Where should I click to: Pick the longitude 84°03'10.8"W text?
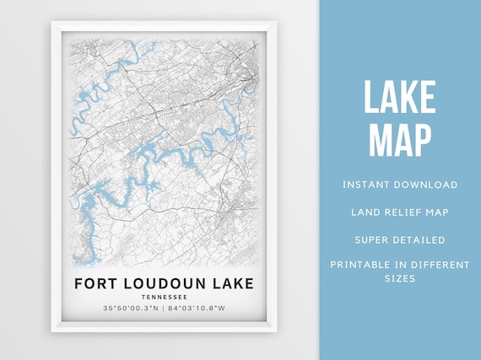(x=196, y=309)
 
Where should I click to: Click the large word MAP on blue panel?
(x=400, y=139)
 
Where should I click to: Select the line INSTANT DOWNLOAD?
(x=400, y=185)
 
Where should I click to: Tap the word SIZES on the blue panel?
(x=400, y=278)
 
